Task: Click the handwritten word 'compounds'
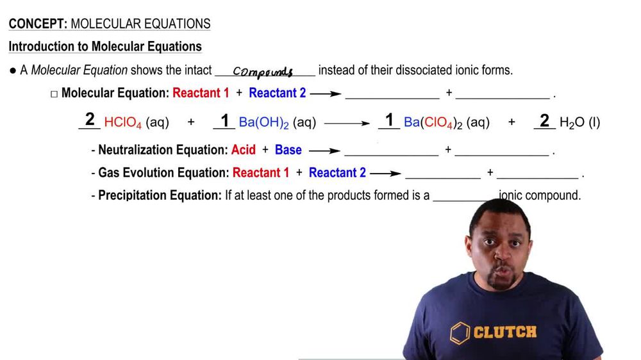coord(263,72)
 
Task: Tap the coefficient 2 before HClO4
coord(90,119)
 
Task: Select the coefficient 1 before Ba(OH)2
coord(225,120)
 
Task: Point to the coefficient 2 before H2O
coord(544,120)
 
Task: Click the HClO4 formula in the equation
coord(122,122)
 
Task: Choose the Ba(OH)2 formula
coord(263,122)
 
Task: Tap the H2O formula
coord(572,122)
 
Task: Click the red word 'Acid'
coord(244,150)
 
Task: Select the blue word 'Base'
coord(288,150)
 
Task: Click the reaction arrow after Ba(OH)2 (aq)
coord(347,122)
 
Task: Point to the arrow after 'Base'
coord(324,151)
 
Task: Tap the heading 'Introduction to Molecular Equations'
coord(105,47)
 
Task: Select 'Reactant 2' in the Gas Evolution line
coord(337,173)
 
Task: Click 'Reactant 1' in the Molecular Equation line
coord(201,93)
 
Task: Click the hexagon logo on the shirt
coord(459,332)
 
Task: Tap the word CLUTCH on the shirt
coord(504,332)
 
